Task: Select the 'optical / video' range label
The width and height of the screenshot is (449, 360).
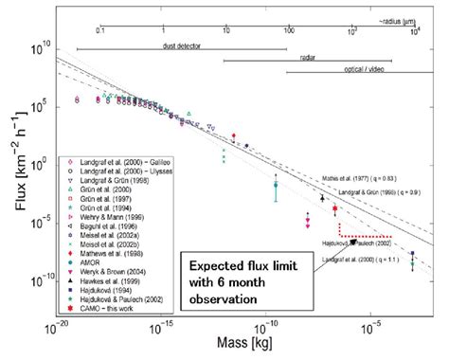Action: coord(379,70)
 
